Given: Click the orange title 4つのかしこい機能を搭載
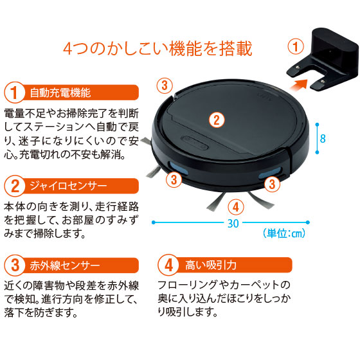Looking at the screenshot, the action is [157, 48].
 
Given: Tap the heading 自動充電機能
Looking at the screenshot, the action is [60, 93].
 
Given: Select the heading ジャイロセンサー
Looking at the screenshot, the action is [68, 186].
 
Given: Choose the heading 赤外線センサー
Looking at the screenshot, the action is [65, 265].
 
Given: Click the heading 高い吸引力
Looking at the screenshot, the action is [211, 265].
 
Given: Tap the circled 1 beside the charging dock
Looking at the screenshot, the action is [296, 46].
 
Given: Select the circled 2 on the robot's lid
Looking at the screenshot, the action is [217, 120].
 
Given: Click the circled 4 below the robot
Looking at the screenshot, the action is [236, 207].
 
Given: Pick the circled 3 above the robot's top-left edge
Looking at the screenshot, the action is [165, 85].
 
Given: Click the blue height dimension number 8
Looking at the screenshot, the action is [323, 138].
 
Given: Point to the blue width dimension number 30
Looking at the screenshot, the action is [233, 223].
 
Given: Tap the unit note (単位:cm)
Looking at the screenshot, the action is [284, 233].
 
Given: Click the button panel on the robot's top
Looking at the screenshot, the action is [194, 143].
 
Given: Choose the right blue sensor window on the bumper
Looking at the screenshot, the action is [270, 173].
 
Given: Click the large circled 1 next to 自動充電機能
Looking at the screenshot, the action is [15, 93].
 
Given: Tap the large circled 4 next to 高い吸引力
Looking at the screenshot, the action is [168, 265].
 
